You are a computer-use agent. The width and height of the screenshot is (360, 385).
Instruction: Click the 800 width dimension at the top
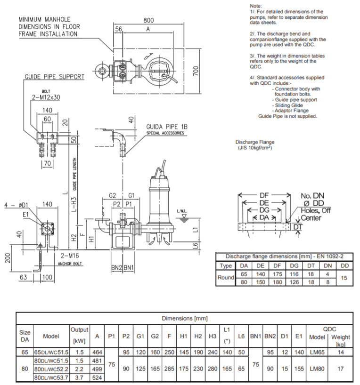click(x=149, y=21)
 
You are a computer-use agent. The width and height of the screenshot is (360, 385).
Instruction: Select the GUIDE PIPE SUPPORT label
click(x=55, y=77)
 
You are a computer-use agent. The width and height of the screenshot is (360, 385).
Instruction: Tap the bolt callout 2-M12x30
click(x=47, y=97)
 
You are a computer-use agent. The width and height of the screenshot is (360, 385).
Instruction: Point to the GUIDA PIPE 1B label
click(x=167, y=127)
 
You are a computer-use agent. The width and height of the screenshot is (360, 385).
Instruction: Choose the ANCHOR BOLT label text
click(x=70, y=264)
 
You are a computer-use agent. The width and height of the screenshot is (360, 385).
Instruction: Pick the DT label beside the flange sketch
click(x=298, y=227)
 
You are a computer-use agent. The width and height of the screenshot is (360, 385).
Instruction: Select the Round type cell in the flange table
click(x=226, y=277)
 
